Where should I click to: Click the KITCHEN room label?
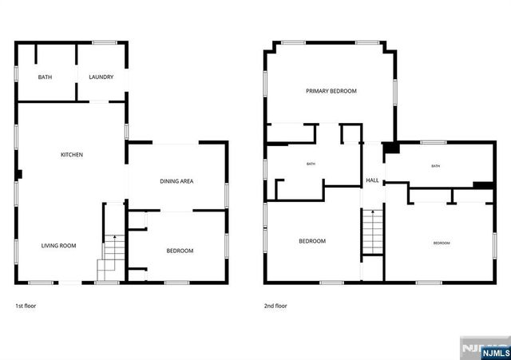[x=72, y=154]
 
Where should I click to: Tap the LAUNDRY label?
[x=101, y=77]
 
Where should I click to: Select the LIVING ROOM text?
[x=58, y=246]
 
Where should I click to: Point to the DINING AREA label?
[x=176, y=181]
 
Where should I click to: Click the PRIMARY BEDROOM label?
[x=331, y=91]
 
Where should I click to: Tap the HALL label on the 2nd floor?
[x=372, y=181]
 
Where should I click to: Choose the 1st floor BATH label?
[x=45, y=77]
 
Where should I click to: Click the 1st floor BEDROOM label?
[x=180, y=251]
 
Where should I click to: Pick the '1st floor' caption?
[x=26, y=306]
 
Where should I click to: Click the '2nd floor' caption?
[x=275, y=306]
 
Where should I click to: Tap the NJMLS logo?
[x=485, y=350]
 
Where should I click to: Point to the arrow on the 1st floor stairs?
[x=114, y=238]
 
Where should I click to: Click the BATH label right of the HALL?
[x=435, y=166]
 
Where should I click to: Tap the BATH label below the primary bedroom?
[x=311, y=164]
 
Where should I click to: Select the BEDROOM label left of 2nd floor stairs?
[x=312, y=241]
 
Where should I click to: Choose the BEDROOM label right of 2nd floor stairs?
[x=442, y=243]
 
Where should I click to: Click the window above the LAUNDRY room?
[x=104, y=42]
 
